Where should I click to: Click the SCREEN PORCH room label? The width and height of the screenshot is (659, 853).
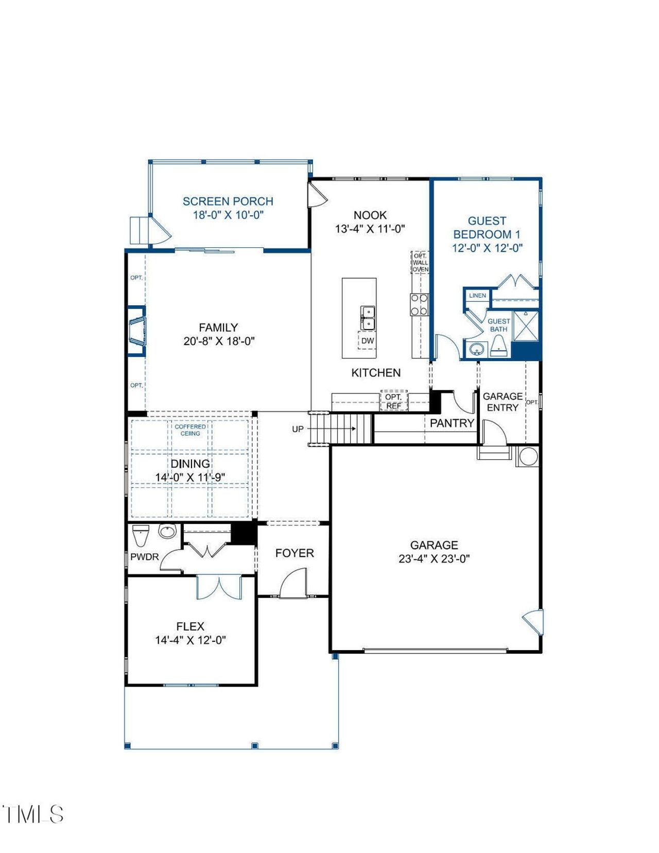point(228,201)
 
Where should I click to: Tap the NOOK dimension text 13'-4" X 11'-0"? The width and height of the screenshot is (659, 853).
point(370,229)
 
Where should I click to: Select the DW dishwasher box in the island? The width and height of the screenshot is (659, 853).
point(367,341)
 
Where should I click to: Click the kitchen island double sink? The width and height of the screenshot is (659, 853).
point(368,318)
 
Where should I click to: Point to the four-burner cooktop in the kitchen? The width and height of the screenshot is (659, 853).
point(419,304)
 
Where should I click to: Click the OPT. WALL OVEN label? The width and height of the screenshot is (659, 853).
point(420,263)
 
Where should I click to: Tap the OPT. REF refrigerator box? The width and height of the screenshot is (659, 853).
point(393,401)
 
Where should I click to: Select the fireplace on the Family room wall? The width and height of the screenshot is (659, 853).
point(137,331)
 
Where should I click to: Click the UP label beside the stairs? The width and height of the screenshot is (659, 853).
point(298,429)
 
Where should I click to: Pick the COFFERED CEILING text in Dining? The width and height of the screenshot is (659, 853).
point(190,430)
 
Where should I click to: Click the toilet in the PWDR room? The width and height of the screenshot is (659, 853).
point(140,534)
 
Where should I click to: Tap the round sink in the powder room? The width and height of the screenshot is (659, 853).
point(167,531)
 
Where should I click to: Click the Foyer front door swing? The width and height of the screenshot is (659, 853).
point(294,583)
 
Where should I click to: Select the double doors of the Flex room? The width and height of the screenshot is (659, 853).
point(219,587)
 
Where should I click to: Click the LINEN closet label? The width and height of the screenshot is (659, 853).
point(477,296)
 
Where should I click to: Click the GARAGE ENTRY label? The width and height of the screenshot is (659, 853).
point(502,402)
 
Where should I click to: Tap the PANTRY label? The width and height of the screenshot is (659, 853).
point(452,423)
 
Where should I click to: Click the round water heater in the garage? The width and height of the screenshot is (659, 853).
point(528,456)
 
